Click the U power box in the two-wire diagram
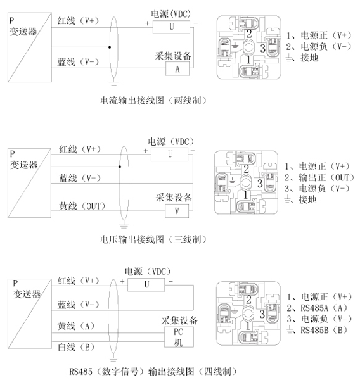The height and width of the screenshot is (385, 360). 171,27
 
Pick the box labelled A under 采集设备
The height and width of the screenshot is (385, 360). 177,69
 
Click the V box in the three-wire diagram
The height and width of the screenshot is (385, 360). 177,210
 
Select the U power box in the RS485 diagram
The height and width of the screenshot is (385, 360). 147,285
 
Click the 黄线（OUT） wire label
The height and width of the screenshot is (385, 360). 82,206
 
